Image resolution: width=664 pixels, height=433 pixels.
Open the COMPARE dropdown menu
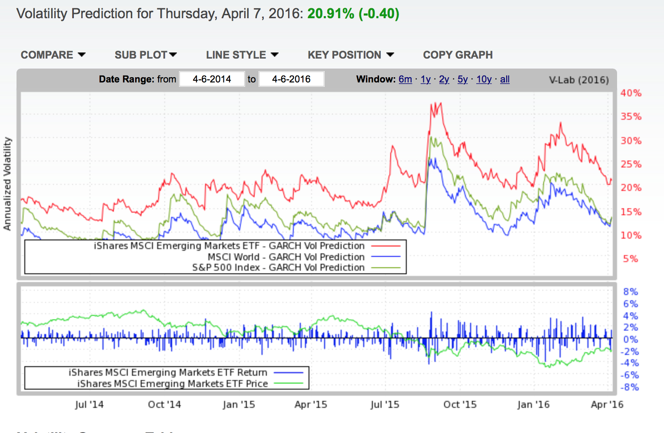coord(53,55)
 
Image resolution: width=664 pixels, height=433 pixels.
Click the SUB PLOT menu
coord(146,55)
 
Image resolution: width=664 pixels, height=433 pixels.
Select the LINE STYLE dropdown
coord(242,55)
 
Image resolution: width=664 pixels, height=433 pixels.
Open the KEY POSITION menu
coord(351,55)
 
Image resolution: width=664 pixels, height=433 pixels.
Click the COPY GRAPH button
coord(458,55)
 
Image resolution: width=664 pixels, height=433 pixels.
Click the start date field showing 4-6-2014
coord(212,79)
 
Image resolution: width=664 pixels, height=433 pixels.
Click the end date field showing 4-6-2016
coord(291,79)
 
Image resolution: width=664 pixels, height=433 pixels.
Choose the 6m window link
coord(405,79)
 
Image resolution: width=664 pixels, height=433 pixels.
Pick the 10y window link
coord(484,79)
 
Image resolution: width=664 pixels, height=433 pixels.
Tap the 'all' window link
coord(505,79)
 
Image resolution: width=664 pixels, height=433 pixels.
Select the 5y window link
coord(462,79)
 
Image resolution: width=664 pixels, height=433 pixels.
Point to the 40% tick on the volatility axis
coord(631,93)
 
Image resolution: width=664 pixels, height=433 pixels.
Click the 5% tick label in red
coord(630,259)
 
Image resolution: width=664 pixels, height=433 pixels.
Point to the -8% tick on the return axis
coord(630,387)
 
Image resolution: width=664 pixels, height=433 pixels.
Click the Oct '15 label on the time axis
coord(460,405)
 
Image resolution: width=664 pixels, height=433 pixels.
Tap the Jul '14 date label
coord(89,405)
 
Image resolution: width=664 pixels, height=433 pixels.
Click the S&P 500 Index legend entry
coord(278,268)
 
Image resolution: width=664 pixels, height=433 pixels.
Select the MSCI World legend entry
coord(286,257)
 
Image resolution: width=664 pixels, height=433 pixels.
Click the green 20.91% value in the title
coord(331,13)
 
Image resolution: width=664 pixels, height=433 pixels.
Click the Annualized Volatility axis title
coord(7,184)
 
